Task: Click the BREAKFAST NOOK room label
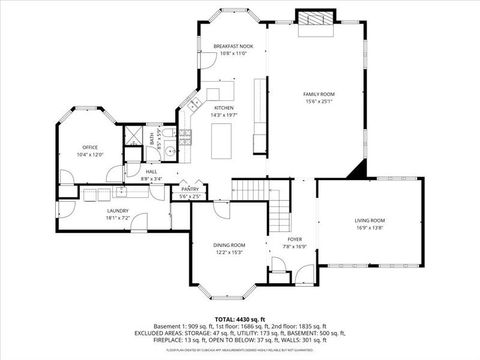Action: tap(233, 46)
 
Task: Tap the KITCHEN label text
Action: tap(223, 108)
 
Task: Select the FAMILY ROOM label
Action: tap(319, 93)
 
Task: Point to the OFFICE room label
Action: tap(90, 148)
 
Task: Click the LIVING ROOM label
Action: tap(369, 220)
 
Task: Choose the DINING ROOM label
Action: tap(229, 245)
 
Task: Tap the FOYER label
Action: tap(295, 240)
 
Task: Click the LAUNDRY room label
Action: tap(118, 211)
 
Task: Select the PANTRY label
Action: tap(190, 189)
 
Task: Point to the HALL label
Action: tap(151, 172)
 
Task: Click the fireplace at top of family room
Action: tap(313, 20)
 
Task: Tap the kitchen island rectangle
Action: tap(221, 142)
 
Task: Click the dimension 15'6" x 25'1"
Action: tap(319, 100)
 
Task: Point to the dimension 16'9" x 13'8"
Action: tap(369, 227)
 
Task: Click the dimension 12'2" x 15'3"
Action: tap(229, 252)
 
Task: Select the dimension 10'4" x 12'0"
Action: tap(90, 155)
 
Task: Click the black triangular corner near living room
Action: tap(356, 171)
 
